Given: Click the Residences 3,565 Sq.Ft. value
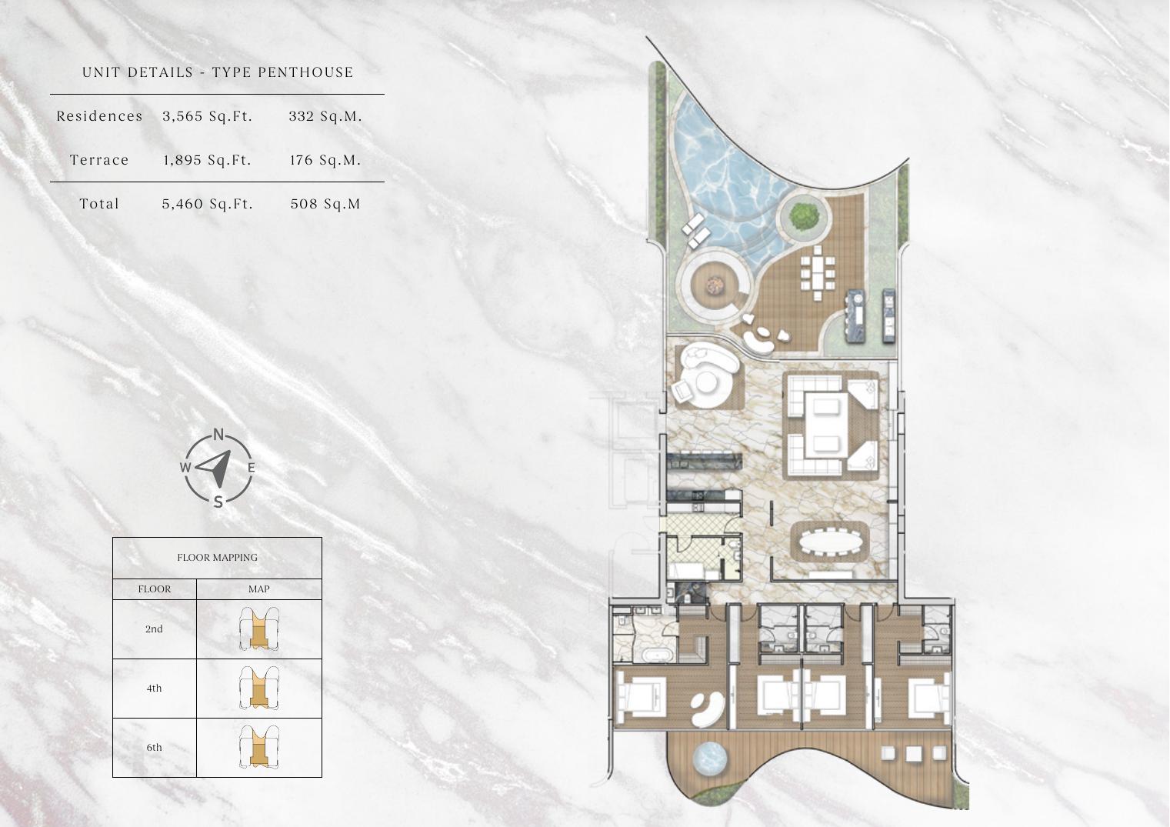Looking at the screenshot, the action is click(208, 116).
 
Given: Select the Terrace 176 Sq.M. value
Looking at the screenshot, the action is click(325, 160).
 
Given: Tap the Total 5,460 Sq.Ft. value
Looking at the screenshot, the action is click(208, 204).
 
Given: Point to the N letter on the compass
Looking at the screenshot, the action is click(218, 434).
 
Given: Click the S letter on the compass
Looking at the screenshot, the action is click(218, 502).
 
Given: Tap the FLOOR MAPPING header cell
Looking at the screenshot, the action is click(217, 558).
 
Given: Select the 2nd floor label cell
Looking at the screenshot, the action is click(155, 629).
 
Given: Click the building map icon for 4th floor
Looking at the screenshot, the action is click(259, 688).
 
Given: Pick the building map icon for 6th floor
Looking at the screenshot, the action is click(259, 748).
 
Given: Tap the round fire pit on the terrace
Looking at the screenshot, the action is click(713, 285).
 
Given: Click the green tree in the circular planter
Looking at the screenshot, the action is click(803, 215).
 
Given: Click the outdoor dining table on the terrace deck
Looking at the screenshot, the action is click(817, 273).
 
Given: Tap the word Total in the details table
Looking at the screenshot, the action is click(99, 204).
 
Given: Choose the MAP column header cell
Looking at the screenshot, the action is click(259, 589).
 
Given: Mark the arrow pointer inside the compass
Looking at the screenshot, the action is click(215, 466).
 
